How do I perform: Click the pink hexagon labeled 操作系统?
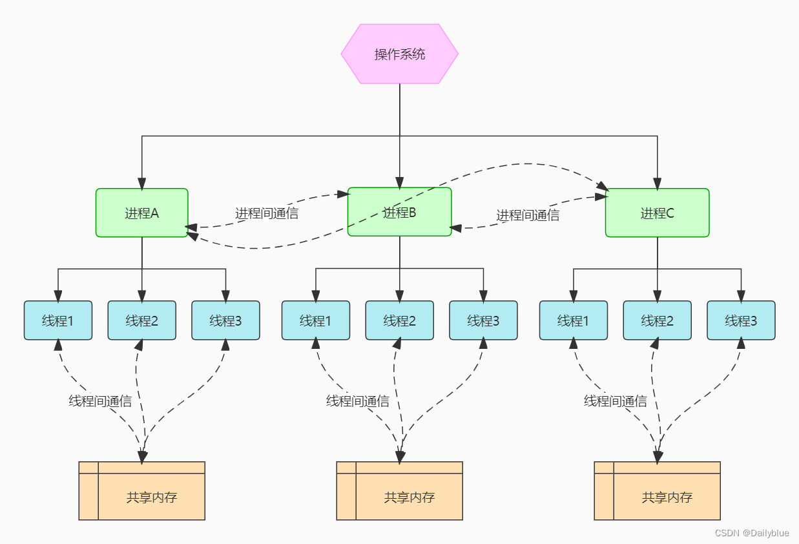pos(399,54)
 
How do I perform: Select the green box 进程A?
pos(142,213)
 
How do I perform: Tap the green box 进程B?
pos(399,212)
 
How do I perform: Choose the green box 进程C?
pos(657,213)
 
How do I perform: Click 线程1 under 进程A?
pos(58,320)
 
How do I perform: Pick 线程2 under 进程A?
pos(142,320)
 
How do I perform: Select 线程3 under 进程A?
pos(226,320)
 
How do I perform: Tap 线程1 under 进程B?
pos(316,320)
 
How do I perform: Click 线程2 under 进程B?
pos(399,320)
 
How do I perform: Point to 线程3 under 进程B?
pos(483,320)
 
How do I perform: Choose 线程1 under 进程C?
pos(573,320)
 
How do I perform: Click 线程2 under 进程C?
pos(657,320)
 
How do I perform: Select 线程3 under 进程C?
pos(741,320)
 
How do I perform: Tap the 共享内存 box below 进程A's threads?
pos(142,491)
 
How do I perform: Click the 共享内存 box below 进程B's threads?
pos(399,491)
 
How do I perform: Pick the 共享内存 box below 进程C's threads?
pos(657,491)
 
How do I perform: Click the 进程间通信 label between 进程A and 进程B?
pos(267,213)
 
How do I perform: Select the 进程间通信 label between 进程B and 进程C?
pos(528,215)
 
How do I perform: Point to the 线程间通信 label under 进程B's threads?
pos(358,401)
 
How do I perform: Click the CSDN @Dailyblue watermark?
pos(752,533)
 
